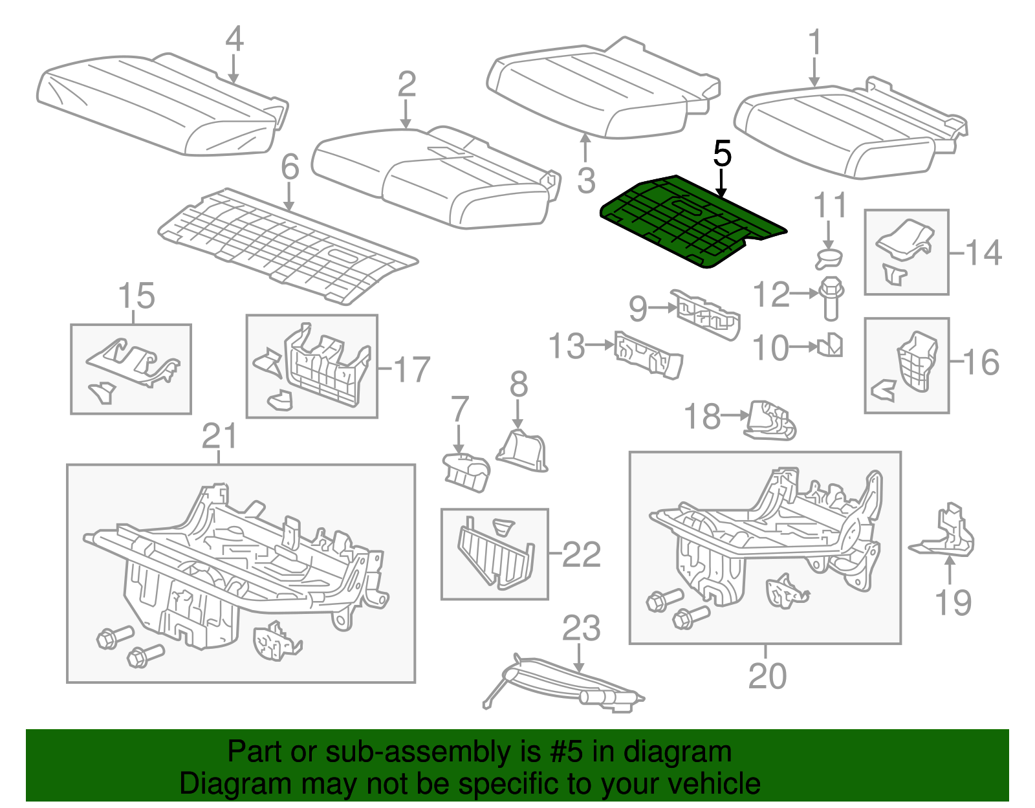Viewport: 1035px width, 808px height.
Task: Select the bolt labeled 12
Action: (831, 299)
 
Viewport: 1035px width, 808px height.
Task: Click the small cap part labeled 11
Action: (829, 259)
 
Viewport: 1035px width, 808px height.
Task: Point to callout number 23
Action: (580, 628)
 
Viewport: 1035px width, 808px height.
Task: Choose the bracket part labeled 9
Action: (707, 314)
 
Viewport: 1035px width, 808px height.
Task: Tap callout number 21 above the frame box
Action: (220, 436)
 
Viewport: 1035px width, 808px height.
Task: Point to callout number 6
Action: (290, 167)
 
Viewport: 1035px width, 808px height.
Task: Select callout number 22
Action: (581, 554)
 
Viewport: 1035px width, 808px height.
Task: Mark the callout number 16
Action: (981, 362)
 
